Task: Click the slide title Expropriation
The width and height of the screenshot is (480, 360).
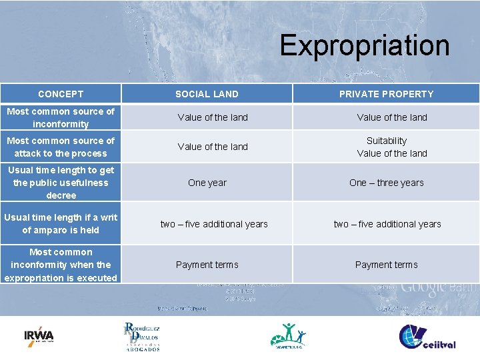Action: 364,45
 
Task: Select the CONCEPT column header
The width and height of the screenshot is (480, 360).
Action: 61,94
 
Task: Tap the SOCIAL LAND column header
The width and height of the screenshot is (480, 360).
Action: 207,94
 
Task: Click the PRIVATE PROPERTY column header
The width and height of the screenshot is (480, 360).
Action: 386,94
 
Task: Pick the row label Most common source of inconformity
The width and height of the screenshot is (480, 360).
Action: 61,117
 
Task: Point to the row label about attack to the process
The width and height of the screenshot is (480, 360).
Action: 61,147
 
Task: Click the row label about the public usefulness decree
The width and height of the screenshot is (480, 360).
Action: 61,183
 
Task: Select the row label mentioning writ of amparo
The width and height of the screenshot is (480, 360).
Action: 61,223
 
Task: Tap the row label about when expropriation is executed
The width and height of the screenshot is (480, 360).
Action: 61,265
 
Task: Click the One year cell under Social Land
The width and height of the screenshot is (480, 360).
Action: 207,183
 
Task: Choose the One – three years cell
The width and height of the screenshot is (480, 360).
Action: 386,183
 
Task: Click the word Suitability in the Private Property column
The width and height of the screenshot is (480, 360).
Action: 386,141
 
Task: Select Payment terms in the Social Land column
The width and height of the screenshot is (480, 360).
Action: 207,265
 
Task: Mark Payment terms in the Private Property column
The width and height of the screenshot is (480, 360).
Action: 386,265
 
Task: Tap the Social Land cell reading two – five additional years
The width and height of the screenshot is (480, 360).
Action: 213,224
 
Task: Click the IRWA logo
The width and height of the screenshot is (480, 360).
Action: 39,335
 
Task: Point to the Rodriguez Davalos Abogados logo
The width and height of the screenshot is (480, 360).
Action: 141,336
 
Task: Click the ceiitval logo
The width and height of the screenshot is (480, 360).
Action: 427,337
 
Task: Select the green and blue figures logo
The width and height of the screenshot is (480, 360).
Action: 288,335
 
